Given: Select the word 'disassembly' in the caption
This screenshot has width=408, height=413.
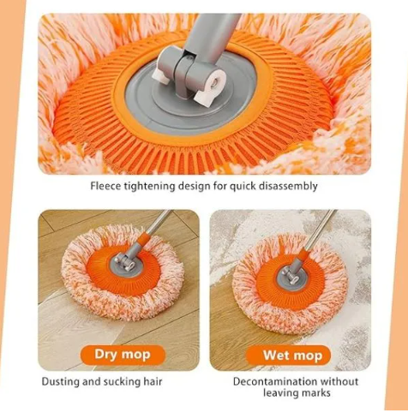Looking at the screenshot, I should tap(287, 186).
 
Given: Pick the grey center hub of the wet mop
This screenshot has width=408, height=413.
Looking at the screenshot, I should tap(290, 275).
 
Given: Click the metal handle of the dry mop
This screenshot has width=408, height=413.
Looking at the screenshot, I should tap(160, 221).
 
